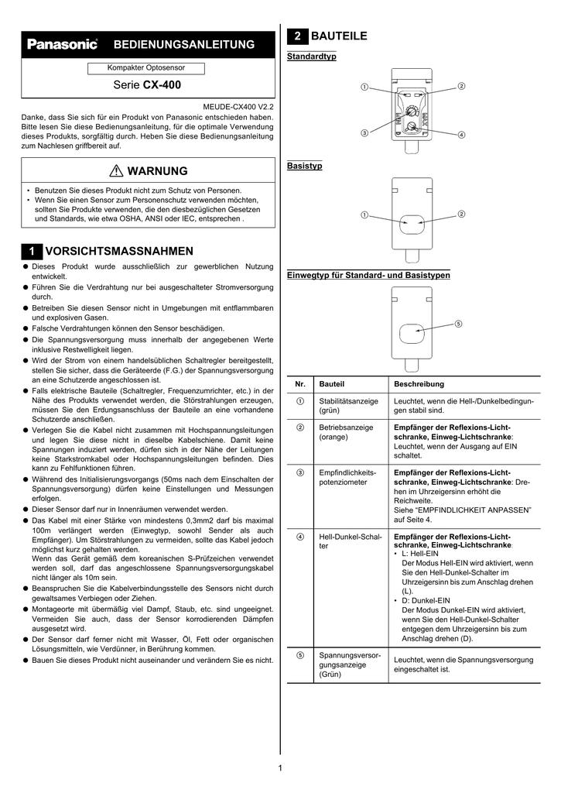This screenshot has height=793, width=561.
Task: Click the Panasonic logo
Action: (x=63, y=45)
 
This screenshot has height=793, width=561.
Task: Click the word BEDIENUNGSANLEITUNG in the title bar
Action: (x=184, y=45)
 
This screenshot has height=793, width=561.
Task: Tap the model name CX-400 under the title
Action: (x=162, y=85)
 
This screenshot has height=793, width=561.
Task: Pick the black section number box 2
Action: (x=296, y=36)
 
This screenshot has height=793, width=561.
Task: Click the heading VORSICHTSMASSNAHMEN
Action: (x=119, y=252)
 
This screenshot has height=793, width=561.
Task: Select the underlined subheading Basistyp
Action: (x=304, y=166)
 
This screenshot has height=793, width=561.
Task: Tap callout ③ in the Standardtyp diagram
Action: (x=364, y=134)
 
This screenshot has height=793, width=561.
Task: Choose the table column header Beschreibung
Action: (x=419, y=384)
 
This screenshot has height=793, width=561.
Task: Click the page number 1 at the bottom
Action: (x=279, y=767)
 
